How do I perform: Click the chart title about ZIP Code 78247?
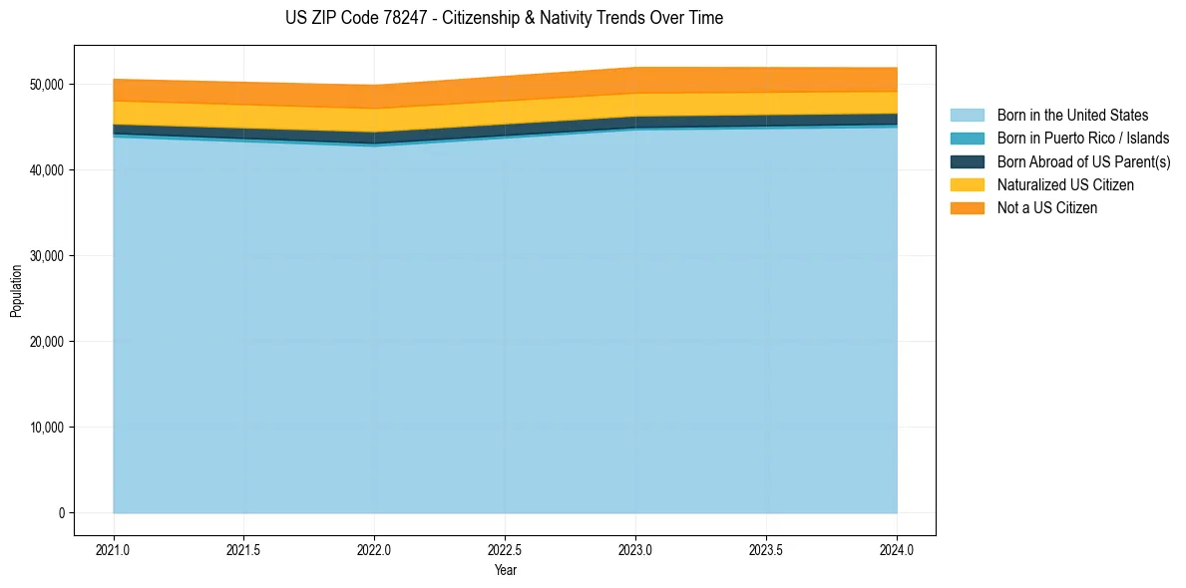[x=504, y=18]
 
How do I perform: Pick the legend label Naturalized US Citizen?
[x=1065, y=185]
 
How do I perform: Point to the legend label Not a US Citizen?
[x=1047, y=208]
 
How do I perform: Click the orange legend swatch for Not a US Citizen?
[x=967, y=208]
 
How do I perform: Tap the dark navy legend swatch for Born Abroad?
[x=967, y=161]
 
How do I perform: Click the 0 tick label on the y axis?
[x=60, y=513]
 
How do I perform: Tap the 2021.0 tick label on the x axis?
[x=114, y=549]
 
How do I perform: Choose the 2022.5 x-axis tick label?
[x=505, y=549]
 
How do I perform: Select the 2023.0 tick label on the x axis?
[x=635, y=549]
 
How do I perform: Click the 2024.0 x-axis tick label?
[x=897, y=549]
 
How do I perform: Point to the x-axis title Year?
[x=505, y=570]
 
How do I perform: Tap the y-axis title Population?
[x=16, y=290]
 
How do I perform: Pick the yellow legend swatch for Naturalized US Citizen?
[x=967, y=185]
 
